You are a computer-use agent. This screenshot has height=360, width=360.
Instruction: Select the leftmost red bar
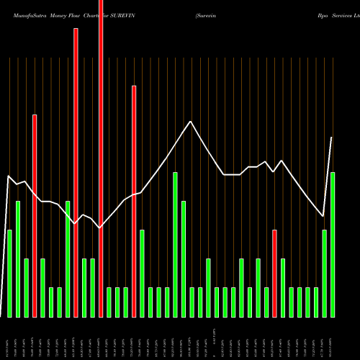coord(35,216)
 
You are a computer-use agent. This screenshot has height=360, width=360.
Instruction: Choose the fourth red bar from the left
coord(134,202)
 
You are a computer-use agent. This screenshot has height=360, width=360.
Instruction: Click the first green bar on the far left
coord(9,274)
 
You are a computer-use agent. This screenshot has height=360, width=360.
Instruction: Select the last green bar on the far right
coord(333,245)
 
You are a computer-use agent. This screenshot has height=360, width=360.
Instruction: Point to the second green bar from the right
coord(324,274)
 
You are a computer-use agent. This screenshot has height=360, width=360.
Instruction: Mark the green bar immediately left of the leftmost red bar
coord(27,288)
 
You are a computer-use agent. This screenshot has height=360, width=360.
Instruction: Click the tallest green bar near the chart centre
coord(175,245)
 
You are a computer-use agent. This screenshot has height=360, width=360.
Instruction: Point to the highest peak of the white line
coord(191,121)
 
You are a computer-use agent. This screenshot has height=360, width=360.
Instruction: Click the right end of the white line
coord(332,138)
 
